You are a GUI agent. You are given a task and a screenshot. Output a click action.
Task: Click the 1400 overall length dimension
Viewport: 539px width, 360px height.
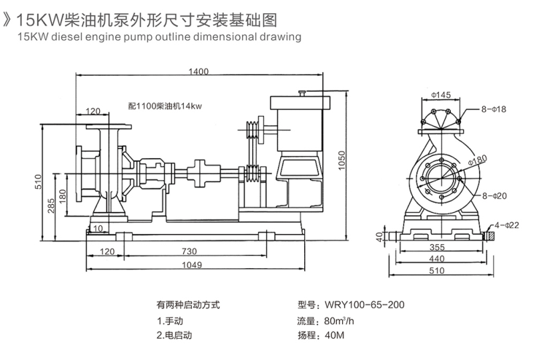[x=198, y=71]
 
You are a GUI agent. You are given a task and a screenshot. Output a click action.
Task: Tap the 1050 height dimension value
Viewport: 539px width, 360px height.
[x=341, y=167]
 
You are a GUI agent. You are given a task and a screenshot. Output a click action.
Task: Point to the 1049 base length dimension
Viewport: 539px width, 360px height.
[x=192, y=265]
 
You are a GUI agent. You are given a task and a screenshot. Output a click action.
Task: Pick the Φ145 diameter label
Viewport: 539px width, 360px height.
[x=441, y=95]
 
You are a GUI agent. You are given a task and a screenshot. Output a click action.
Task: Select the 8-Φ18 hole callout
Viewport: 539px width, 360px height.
[x=494, y=109]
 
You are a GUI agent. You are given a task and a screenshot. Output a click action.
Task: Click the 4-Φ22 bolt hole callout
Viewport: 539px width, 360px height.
[x=507, y=225]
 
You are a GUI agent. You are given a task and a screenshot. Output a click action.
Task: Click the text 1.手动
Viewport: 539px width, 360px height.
[x=171, y=321]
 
